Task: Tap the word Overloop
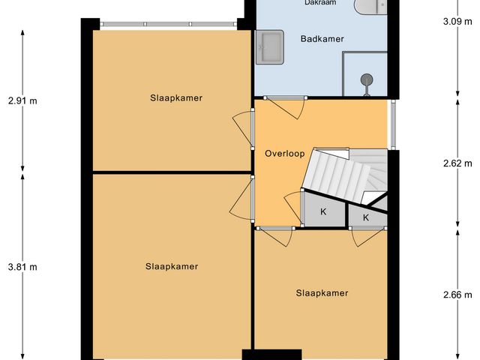tap(284, 153)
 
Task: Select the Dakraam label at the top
tap(320, 3)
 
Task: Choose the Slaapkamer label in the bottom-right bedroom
tap(322, 293)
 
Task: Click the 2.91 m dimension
tap(22, 100)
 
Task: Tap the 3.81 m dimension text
tap(22, 266)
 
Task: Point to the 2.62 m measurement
tap(457, 163)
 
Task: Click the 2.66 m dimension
tap(457, 294)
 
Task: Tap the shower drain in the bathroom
tap(367, 79)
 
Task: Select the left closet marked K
tap(324, 211)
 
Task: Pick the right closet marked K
tap(366, 217)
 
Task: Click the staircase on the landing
tap(341, 175)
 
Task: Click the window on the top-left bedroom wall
tap(169, 24)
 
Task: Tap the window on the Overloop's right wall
tap(391, 124)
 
